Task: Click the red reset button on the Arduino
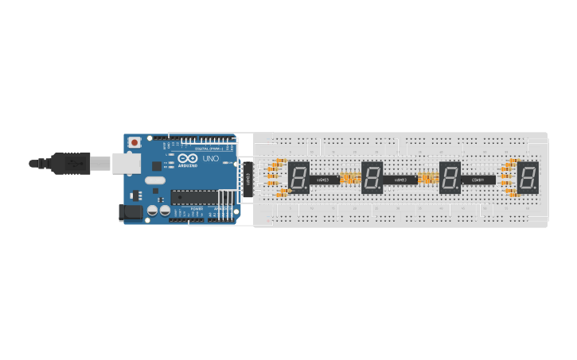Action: [x=135, y=142]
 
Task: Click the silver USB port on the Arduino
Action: [x=125, y=163]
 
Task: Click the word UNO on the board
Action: [x=211, y=159]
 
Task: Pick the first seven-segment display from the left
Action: [x=298, y=177]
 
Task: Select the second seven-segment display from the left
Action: [x=372, y=177]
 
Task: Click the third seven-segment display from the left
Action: [x=450, y=177]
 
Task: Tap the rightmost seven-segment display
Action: [x=528, y=177]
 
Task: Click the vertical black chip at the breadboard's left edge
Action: [x=249, y=178]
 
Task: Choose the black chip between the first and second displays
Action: [x=325, y=180]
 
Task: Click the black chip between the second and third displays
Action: [x=400, y=180]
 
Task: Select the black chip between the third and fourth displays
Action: [x=479, y=180]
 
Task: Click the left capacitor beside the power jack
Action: [x=152, y=211]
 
